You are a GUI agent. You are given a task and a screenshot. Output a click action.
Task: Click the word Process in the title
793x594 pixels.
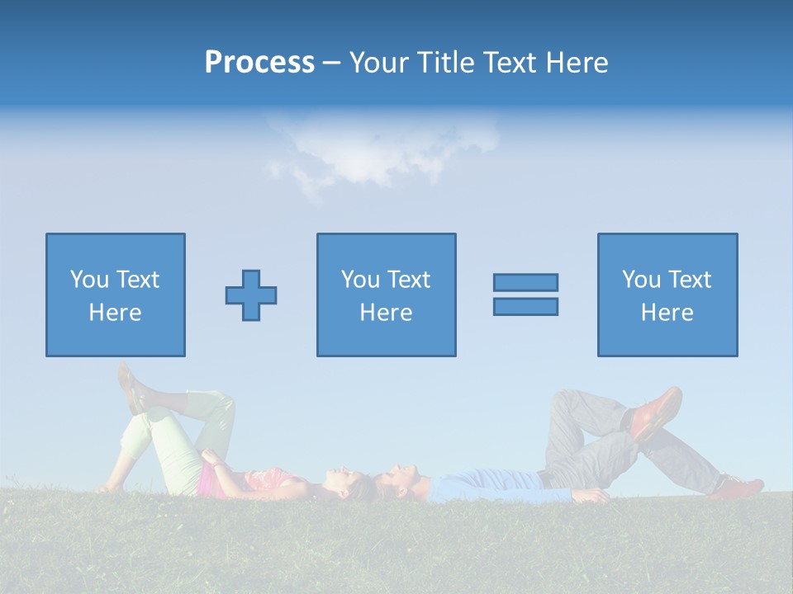click(x=259, y=63)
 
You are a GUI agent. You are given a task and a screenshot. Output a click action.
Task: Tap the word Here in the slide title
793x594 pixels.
click(x=575, y=63)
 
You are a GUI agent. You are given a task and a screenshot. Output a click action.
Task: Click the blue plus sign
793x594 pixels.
click(x=251, y=295)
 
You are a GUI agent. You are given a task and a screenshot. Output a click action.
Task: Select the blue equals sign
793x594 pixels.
click(x=525, y=295)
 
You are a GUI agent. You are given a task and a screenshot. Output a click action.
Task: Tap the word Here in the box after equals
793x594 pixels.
click(x=667, y=313)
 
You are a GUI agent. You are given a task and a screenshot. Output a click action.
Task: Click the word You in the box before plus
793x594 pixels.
click(x=88, y=280)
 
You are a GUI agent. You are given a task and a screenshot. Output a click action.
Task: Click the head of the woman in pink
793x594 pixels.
click(x=352, y=483)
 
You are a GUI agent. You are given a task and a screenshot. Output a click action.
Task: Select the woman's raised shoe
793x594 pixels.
click(x=131, y=388)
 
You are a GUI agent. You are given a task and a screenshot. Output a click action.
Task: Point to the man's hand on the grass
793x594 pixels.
click(x=592, y=496)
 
